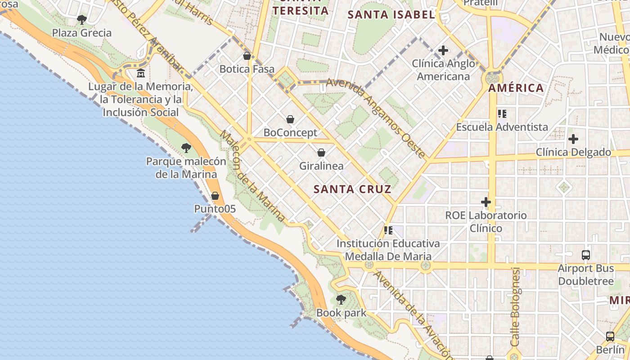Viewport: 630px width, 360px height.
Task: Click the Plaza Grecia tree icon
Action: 81,19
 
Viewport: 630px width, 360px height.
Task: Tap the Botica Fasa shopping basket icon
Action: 247,56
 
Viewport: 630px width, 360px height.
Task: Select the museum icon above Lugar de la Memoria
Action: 141,73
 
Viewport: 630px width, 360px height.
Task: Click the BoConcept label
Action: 290,133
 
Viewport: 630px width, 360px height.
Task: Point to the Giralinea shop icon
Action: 321,153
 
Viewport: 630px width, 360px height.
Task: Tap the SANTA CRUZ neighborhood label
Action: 352,189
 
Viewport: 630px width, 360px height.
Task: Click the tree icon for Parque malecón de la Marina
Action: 186,148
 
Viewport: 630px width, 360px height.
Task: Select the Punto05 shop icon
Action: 215,196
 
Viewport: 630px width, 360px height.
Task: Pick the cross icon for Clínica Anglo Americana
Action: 443,50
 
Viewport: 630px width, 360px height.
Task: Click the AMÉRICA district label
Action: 516,88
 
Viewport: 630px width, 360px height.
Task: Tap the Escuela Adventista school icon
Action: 502,114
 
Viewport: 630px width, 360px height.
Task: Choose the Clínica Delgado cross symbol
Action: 573,139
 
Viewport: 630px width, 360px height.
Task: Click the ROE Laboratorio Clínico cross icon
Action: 486,202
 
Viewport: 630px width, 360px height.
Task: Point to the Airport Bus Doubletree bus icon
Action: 585,255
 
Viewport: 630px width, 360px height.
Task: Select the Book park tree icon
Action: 341,299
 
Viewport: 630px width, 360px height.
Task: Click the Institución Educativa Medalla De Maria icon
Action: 388,230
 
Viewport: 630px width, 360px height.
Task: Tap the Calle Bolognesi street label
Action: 516,307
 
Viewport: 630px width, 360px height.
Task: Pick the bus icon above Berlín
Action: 610,336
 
